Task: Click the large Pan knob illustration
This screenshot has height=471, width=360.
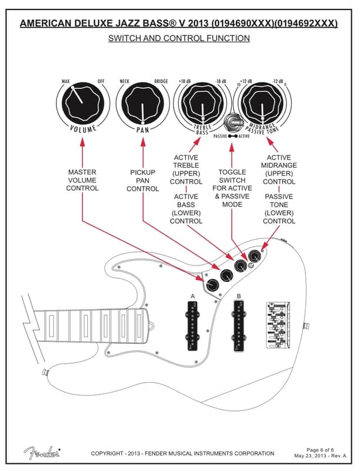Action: click(142, 105)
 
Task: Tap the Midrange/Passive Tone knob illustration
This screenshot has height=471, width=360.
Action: click(263, 105)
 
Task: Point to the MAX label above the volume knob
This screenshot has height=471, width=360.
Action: click(66, 81)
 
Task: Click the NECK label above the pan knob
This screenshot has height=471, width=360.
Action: click(125, 81)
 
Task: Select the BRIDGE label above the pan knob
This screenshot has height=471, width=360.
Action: click(161, 81)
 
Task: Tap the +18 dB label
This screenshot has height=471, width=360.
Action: click(184, 81)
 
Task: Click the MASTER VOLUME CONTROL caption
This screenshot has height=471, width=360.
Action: click(82, 180)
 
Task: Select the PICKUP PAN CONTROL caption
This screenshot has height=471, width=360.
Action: click(143, 180)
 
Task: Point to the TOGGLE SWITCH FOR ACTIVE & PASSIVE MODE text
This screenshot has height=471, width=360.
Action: click(232, 188)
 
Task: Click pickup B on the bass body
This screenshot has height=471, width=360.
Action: click(239, 325)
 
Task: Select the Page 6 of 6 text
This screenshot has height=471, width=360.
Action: click(321, 450)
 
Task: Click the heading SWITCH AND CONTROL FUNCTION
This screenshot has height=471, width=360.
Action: click(179, 38)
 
